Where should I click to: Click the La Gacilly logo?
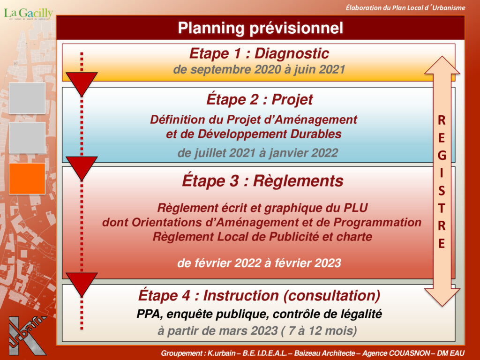pos(28,14)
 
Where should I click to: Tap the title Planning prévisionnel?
pos(261,28)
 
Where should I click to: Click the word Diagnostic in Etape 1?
pos(292,53)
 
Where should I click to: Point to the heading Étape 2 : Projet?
pos(260,99)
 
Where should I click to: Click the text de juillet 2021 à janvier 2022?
pos(258,152)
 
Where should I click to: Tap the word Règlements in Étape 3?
pos(298,180)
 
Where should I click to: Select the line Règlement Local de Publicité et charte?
pos(262,237)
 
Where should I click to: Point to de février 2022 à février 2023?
pos(259,263)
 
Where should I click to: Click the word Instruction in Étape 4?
pos(241,296)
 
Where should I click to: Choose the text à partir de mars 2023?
pos(217,330)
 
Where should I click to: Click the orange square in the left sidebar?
pos(27,179)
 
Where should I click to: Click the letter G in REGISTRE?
pos(442,156)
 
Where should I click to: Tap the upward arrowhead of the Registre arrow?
pos(442,65)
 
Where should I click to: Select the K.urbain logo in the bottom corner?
pos(27,336)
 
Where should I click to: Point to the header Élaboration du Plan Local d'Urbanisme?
pos(405,7)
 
